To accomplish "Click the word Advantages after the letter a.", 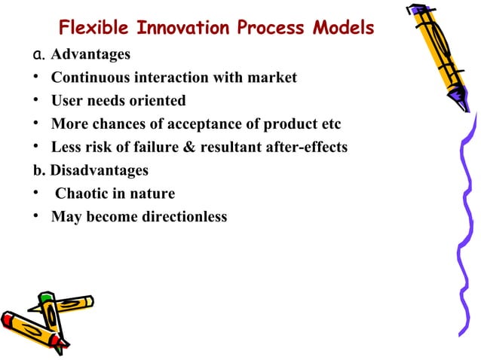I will point(90,55).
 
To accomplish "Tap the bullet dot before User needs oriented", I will point(27,101).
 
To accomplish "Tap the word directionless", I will point(184,217).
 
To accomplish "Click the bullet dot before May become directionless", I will point(27,217).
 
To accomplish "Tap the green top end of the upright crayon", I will point(46,299).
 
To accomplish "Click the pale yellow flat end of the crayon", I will point(90,301).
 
